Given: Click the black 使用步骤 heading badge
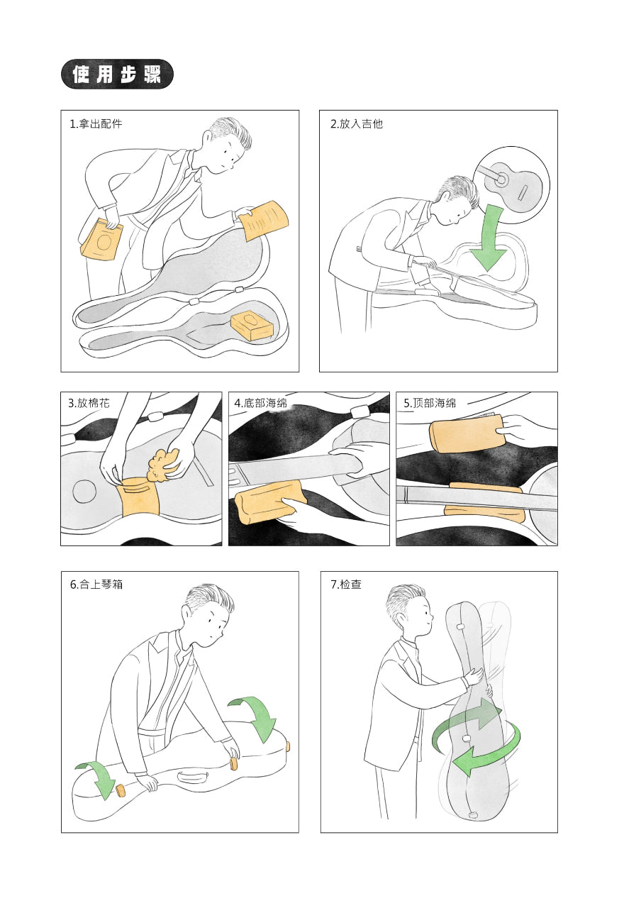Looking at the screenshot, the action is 117,74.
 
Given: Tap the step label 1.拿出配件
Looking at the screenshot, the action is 96,123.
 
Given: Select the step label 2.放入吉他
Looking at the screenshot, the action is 357,123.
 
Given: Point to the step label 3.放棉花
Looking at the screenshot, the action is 89,403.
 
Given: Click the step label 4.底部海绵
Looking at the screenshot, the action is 260,403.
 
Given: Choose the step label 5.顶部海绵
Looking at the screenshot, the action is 430,403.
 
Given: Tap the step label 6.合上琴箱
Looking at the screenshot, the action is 96,584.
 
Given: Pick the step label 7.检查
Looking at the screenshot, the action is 346,584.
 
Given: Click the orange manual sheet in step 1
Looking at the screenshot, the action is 264,221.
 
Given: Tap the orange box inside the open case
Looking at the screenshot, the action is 252,326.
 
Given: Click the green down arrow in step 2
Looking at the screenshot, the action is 489,238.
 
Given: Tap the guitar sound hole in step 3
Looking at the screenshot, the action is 84,492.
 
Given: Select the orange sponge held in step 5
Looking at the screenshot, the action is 467,437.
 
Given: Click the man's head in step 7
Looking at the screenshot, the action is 408,611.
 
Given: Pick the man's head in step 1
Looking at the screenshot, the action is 227,145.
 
